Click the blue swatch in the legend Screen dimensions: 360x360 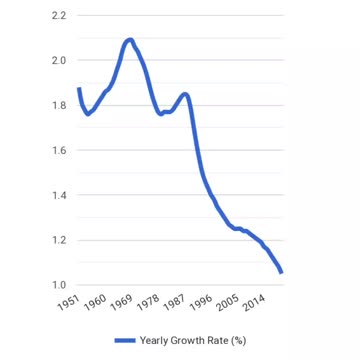pos(123,340)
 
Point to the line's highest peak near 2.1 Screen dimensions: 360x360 pos(129,40)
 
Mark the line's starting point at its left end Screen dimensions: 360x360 pos(78,89)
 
